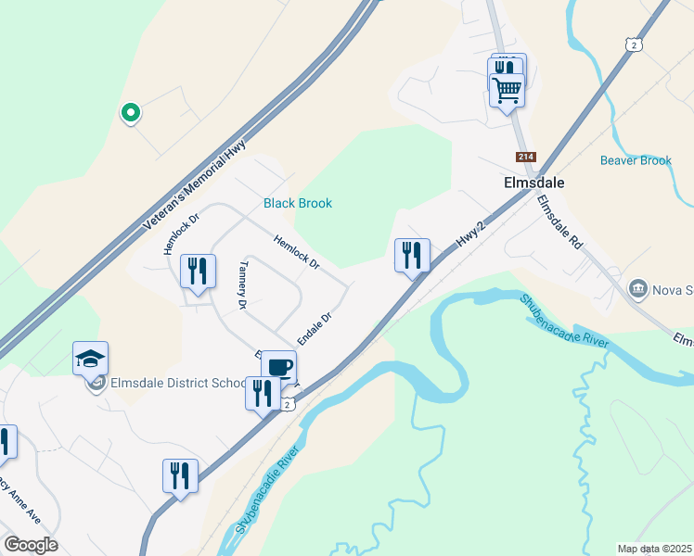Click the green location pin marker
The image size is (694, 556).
coord(131,113)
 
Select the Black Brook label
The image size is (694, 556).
coord(297,203)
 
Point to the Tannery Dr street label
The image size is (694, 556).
coord(242,284)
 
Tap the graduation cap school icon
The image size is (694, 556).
coord(91,358)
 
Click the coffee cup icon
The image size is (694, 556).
coord(278,367)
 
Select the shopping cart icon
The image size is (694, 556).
coord(507,90)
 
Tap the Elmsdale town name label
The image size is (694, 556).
coord(534,183)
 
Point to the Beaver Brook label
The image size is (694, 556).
coord(636,160)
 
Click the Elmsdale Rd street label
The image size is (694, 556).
coord(559,223)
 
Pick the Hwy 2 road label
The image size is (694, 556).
coord(471,234)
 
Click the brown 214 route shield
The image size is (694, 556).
coord(526,158)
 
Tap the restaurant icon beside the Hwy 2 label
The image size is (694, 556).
coord(411,255)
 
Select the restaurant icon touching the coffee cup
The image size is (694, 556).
coord(262,392)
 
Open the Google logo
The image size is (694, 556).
coord(31,545)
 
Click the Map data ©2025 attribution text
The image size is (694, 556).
coord(653,548)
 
